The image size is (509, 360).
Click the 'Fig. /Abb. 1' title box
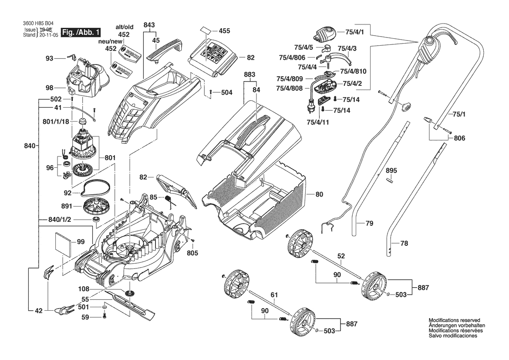(x=81, y=33)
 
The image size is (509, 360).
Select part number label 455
(x=225, y=31)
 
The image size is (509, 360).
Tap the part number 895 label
(x=391, y=170)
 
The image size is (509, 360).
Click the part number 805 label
(x=192, y=253)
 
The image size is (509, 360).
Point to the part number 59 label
(x=85, y=317)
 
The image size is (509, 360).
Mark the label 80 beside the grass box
(x=319, y=194)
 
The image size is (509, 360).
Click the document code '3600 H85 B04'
(x=33, y=24)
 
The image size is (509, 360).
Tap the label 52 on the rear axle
(x=341, y=256)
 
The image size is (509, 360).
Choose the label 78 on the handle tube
(x=404, y=244)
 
